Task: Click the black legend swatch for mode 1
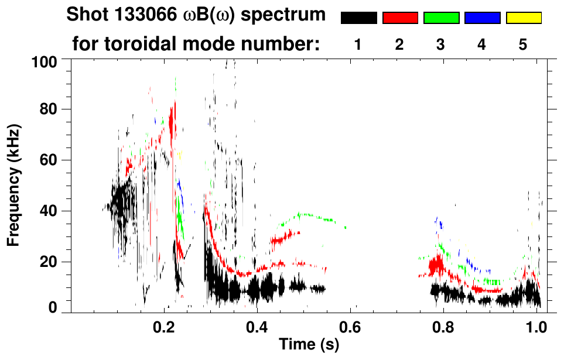tap(358, 18)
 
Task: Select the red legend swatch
tap(400, 18)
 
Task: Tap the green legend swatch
tap(441, 18)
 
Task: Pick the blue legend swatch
tap(482, 18)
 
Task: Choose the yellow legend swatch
tap(524, 18)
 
